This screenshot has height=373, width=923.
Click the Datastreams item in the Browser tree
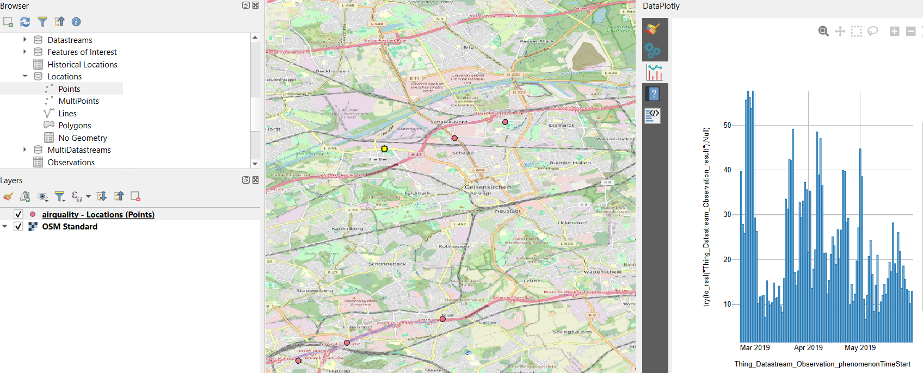[x=70, y=40]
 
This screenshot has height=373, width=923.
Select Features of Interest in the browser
[x=82, y=52]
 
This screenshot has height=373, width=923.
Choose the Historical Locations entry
[x=82, y=65]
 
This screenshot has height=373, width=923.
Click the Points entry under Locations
[x=69, y=89]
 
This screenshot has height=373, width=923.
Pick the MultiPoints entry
[x=78, y=101]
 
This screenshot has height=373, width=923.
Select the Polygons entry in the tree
[x=75, y=126]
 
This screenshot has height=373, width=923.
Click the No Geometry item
[x=82, y=138]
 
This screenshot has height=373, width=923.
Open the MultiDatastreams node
[x=79, y=150]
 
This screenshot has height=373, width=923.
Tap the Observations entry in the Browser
[x=71, y=163]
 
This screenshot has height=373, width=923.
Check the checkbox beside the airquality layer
[x=19, y=214]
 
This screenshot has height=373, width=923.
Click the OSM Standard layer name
[x=70, y=227]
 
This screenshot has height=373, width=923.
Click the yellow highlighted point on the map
[x=384, y=148]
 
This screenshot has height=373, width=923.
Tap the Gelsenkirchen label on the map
[x=488, y=187]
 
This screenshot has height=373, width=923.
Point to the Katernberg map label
[x=347, y=229]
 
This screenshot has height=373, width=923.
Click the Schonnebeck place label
[x=387, y=264]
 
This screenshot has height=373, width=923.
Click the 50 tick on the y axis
[x=727, y=126]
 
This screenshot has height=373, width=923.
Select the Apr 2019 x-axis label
[x=808, y=348]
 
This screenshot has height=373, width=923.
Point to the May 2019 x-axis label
[x=860, y=348]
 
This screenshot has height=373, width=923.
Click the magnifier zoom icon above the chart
[x=823, y=32]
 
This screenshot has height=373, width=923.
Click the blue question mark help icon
[x=654, y=94]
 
